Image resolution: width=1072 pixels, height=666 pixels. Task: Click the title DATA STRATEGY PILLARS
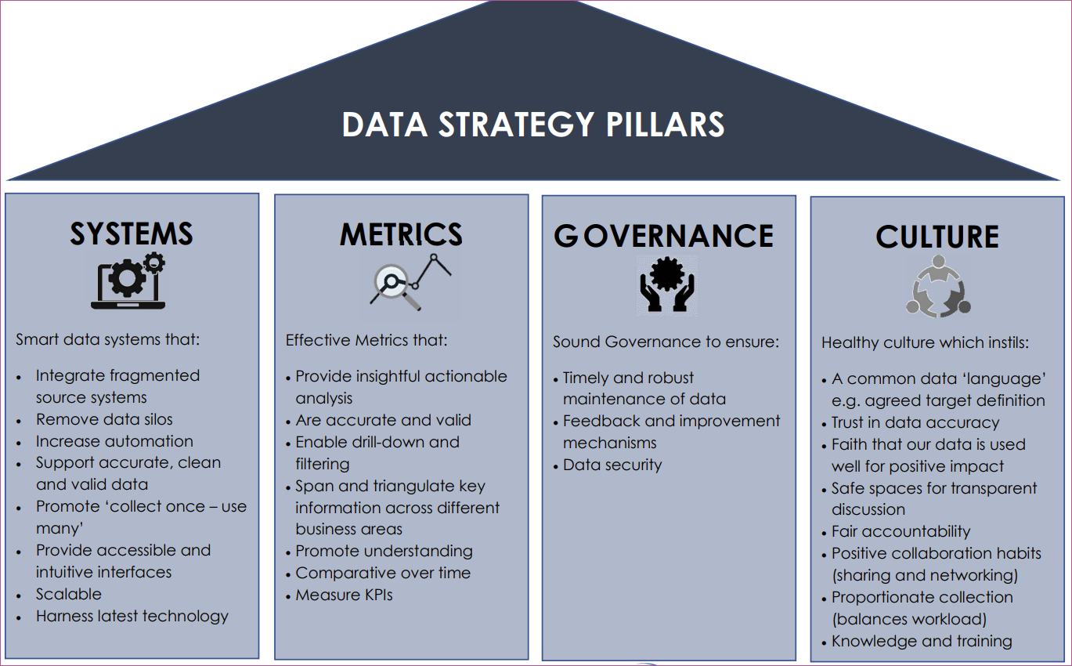point(533,125)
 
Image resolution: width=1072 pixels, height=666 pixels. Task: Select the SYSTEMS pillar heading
point(132,233)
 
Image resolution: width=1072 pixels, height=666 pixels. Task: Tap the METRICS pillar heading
point(401,234)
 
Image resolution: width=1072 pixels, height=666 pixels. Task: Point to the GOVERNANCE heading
point(663,236)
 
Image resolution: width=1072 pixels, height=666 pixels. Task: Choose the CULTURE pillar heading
point(937,237)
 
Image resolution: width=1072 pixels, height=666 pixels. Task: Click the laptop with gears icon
point(128,281)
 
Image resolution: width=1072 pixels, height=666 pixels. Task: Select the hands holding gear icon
point(666,285)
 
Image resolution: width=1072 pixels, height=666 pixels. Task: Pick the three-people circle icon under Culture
point(938,286)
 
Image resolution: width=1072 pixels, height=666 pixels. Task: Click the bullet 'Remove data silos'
point(104,419)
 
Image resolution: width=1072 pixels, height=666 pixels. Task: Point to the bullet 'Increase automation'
point(114,441)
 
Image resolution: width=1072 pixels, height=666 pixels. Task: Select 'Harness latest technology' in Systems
point(132,616)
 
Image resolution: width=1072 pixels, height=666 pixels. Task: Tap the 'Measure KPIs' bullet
point(344,595)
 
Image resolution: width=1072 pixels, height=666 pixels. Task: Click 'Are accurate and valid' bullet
point(384,420)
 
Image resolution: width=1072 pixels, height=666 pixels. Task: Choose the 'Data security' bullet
point(612,465)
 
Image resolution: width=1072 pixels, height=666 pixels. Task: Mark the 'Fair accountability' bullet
point(901,531)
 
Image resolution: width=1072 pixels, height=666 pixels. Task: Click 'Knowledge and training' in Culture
point(922,641)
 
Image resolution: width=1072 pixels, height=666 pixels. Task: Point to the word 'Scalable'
point(69,594)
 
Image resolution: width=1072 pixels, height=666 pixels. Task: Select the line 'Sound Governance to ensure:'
point(666,342)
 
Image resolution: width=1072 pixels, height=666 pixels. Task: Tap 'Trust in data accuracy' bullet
point(915,423)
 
